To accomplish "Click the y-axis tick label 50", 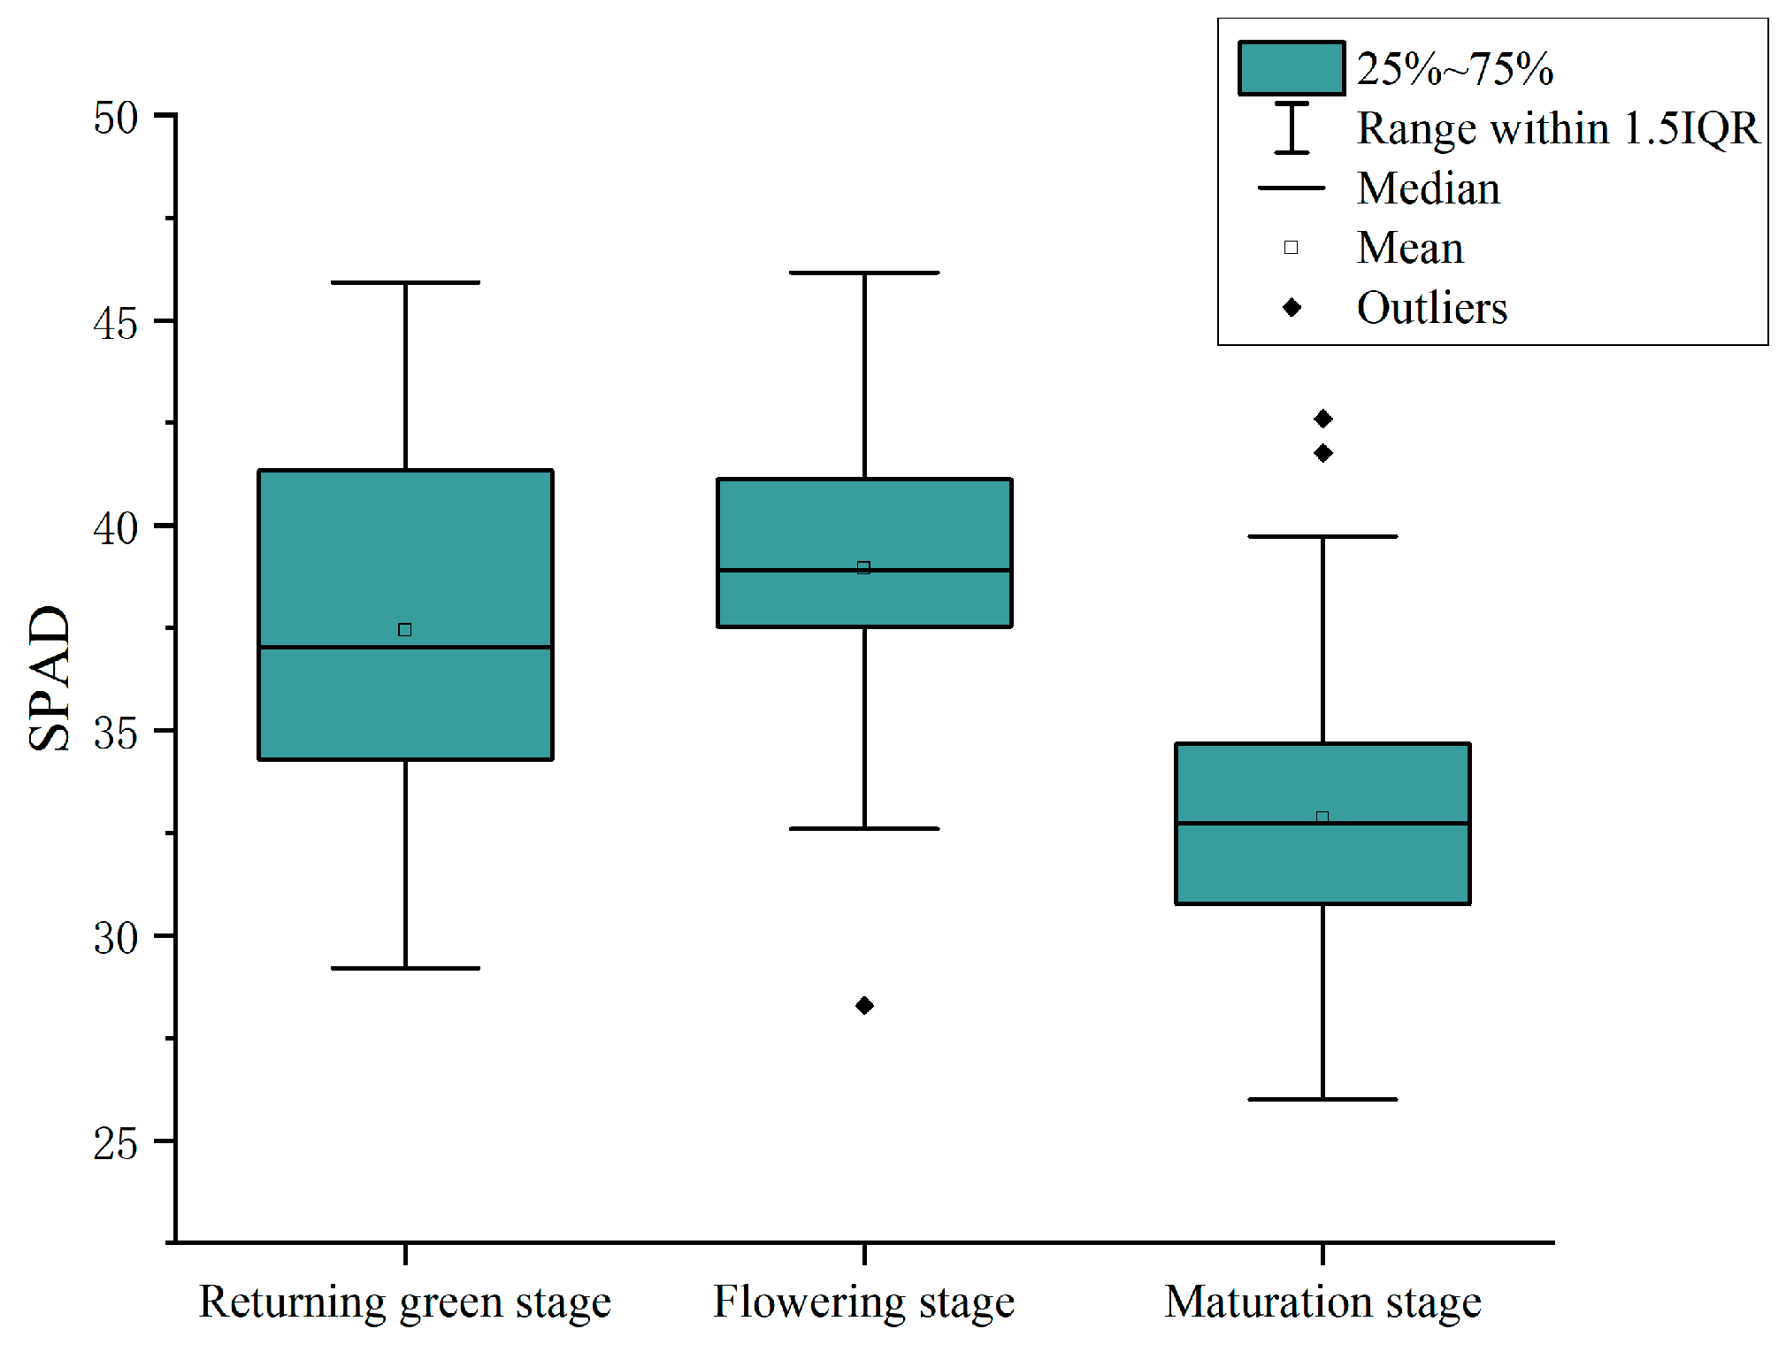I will click(x=116, y=118).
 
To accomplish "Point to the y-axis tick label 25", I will click(x=116, y=1143).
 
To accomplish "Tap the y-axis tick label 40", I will click(x=116, y=528).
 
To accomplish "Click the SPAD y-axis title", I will click(x=50, y=678).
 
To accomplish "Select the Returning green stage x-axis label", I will click(x=405, y=1302).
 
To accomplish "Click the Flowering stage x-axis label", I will click(x=864, y=1302).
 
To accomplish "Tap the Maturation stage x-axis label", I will click(x=1322, y=1302).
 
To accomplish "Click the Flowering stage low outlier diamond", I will click(x=864, y=1005).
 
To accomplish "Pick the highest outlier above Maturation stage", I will click(x=1322, y=419).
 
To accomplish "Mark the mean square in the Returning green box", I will click(x=405, y=630).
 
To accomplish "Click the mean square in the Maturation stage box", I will click(x=1322, y=818).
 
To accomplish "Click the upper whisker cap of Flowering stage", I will click(x=864, y=273).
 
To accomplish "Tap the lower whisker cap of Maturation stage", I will click(x=1322, y=1099).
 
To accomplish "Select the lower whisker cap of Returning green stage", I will click(x=405, y=968).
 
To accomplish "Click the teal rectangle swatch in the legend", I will click(x=1292, y=68).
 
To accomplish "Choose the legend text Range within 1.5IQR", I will click(x=1557, y=128).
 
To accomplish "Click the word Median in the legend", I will click(x=1429, y=188).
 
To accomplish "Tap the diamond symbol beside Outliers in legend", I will click(x=1292, y=308).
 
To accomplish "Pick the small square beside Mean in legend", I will click(x=1292, y=248).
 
